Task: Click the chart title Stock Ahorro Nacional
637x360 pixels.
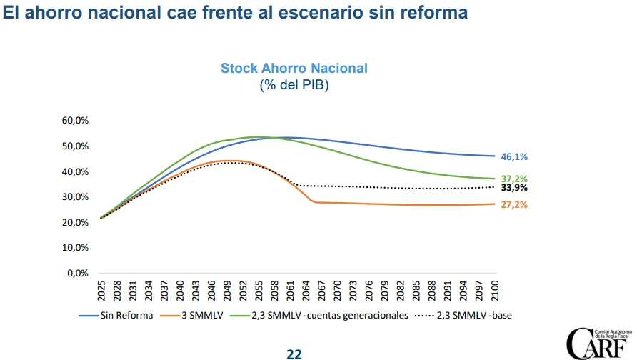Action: tap(294, 69)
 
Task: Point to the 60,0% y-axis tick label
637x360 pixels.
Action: tap(74, 121)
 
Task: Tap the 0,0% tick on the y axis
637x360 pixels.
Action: tap(77, 273)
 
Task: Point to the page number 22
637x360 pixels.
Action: tap(294, 354)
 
